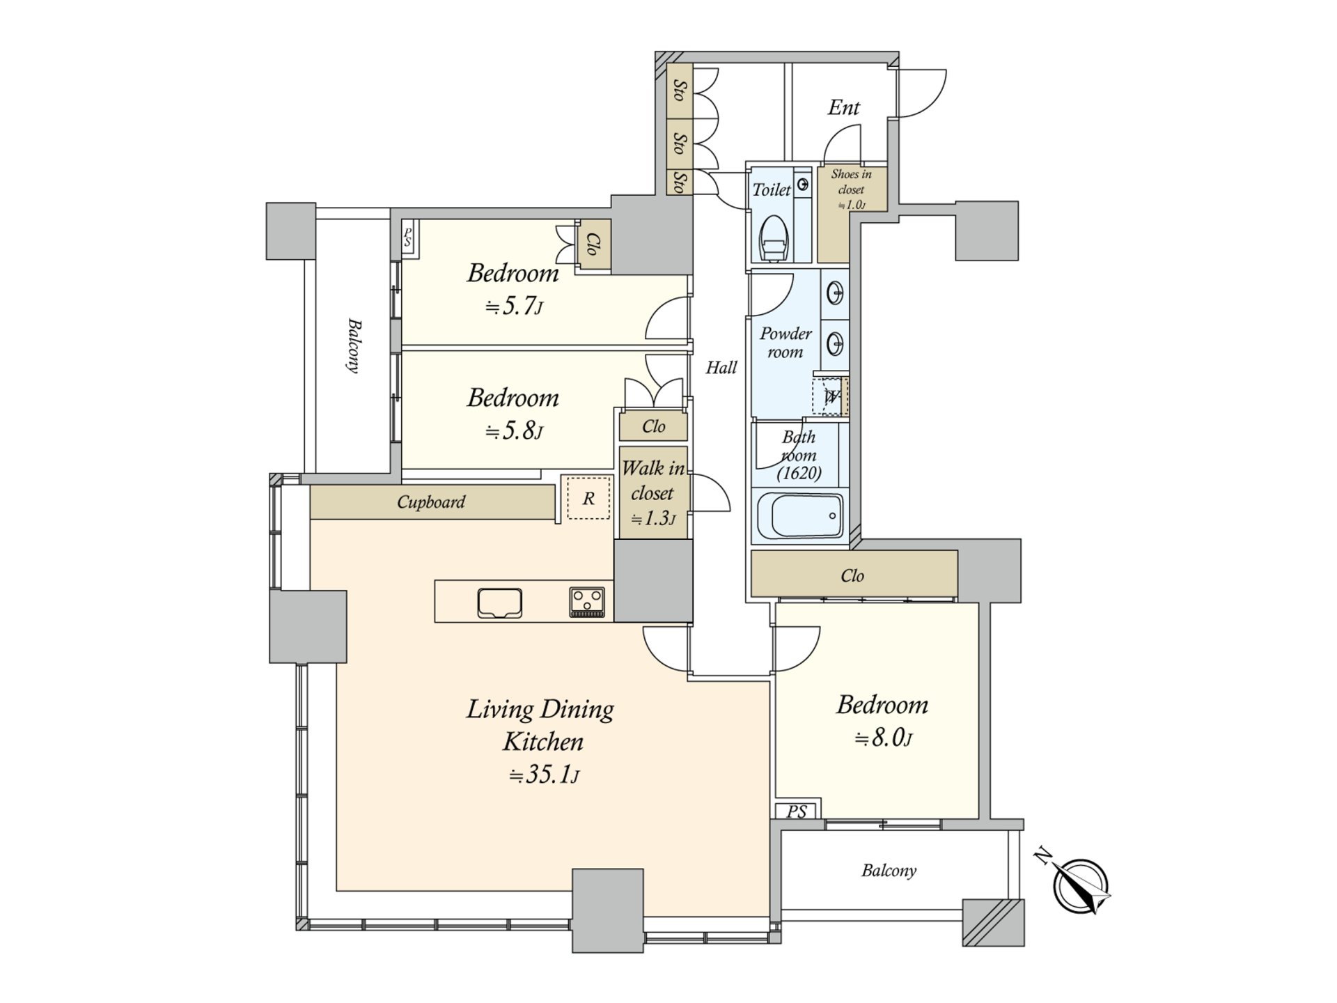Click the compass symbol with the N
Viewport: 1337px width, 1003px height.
tap(1080, 886)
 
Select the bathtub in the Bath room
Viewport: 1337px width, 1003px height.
tap(798, 515)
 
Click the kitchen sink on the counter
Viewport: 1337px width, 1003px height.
tap(500, 602)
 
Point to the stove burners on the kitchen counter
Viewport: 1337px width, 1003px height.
tap(587, 602)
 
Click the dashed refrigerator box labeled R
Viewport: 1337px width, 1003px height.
tap(588, 498)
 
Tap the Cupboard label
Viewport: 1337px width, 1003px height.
tap(431, 502)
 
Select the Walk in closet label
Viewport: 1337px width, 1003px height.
tap(652, 481)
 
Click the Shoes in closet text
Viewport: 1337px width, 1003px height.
tap(851, 182)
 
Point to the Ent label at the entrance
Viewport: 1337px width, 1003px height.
tap(843, 108)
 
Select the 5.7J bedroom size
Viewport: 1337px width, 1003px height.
tap(514, 306)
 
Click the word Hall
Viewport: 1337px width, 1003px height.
tap(721, 368)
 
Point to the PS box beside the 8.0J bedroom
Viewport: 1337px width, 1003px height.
tap(797, 811)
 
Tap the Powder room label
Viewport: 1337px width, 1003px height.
tap(785, 343)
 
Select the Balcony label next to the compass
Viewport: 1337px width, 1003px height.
tap(889, 871)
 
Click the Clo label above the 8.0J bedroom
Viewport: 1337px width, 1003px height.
tap(852, 576)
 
